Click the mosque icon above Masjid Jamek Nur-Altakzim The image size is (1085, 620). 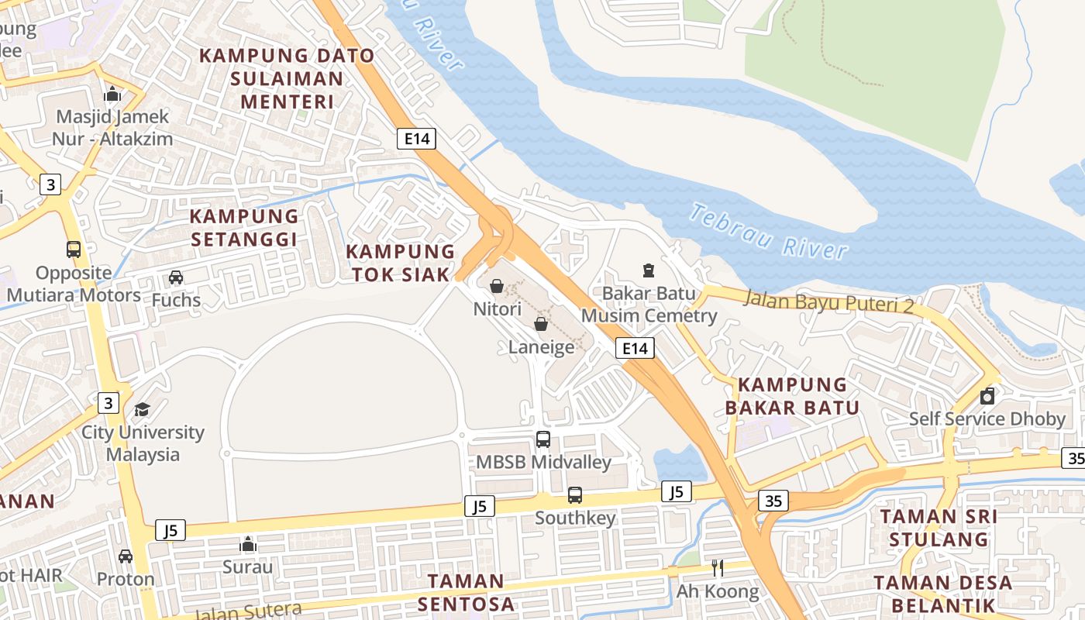click(x=112, y=94)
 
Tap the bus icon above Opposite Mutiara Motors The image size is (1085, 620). click(x=74, y=250)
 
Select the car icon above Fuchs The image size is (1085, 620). click(x=176, y=277)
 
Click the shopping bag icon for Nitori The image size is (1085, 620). click(x=497, y=286)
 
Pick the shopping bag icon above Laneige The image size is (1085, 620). click(x=541, y=324)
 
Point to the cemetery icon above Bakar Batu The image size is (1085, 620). click(x=648, y=270)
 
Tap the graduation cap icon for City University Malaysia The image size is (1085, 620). click(x=143, y=409)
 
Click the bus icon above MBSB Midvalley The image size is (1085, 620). click(x=543, y=439)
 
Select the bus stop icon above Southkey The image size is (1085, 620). click(x=575, y=495)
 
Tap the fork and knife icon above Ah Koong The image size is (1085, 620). click(x=718, y=568)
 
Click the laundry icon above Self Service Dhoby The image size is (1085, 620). click(x=987, y=396)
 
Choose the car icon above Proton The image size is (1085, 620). click(x=126, y=556)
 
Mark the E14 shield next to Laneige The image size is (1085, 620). click(x=635, y=349)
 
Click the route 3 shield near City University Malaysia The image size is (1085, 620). click(x=108, y=403)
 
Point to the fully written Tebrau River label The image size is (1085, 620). click(x=768, y=232)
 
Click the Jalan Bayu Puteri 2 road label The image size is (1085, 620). click(x=828, y=301)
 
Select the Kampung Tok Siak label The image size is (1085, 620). click(x=400, y=263)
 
